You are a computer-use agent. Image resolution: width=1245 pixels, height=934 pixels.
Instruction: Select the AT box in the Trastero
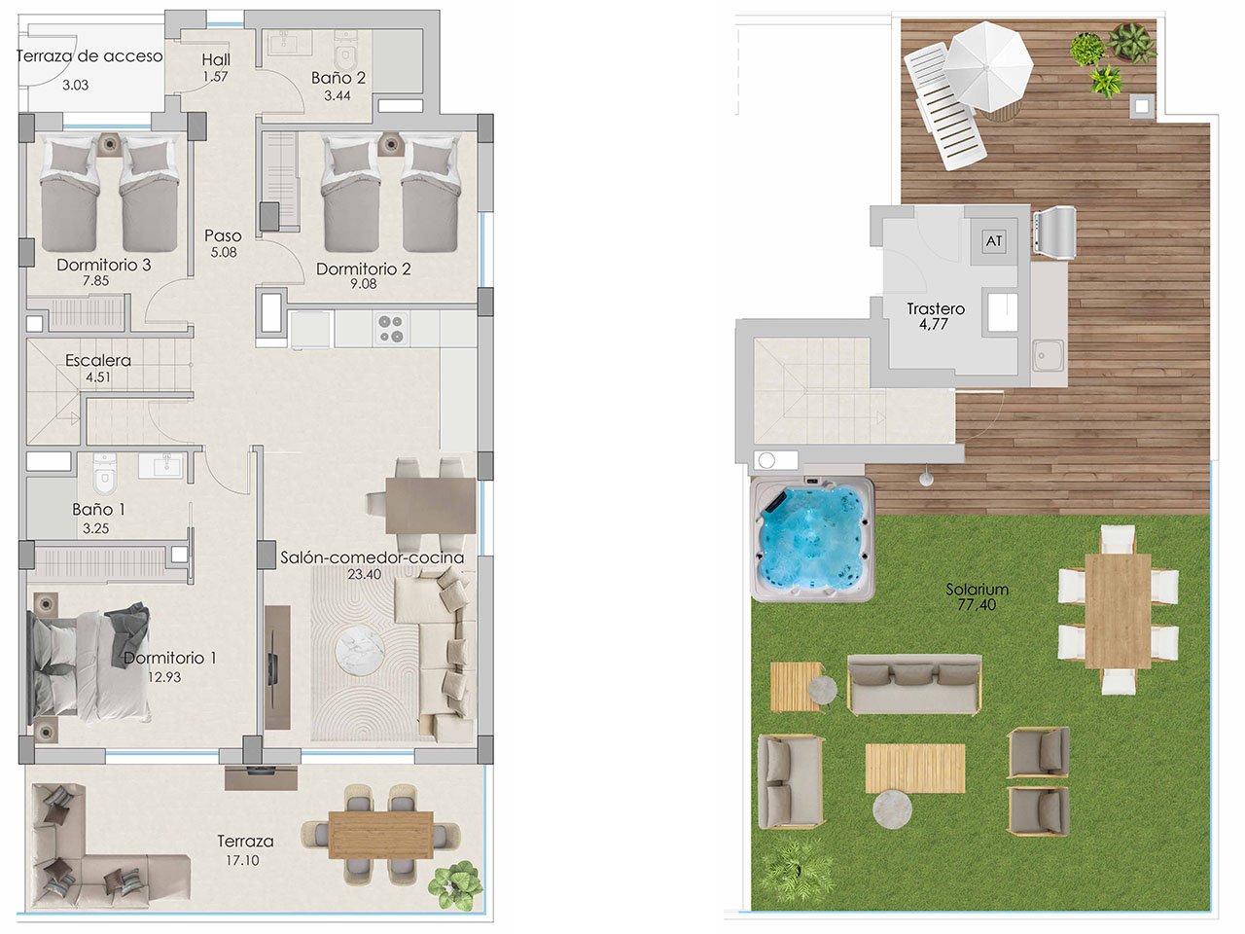pos(993,240)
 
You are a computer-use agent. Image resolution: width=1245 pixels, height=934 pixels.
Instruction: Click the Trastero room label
pos(935,309)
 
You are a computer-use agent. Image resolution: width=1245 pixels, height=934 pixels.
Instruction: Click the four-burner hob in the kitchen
pos(391,328)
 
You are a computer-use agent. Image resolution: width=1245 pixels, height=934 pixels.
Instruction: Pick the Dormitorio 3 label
pos(103,265)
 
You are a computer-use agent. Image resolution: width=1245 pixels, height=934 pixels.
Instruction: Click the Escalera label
pos(98,360)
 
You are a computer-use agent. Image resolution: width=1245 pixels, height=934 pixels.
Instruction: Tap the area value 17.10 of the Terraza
pos(245,860)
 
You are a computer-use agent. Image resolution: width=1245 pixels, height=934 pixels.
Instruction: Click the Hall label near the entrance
pos(216,60)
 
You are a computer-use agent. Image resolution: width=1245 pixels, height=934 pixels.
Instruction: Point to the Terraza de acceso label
pos(89,55)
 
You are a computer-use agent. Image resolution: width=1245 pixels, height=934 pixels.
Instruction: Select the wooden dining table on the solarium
pos(1118,610)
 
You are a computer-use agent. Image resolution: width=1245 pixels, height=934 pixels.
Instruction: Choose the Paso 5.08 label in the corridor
pos(223,235)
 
